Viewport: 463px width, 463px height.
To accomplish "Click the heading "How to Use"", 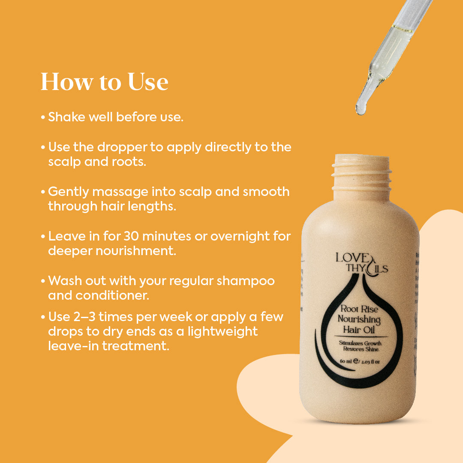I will tap(104, 81).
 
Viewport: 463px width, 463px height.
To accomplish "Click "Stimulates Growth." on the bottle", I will tap(361, 343).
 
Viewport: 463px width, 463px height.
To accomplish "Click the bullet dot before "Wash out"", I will tap(43, 282).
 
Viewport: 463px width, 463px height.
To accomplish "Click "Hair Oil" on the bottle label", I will tap(358, 329).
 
